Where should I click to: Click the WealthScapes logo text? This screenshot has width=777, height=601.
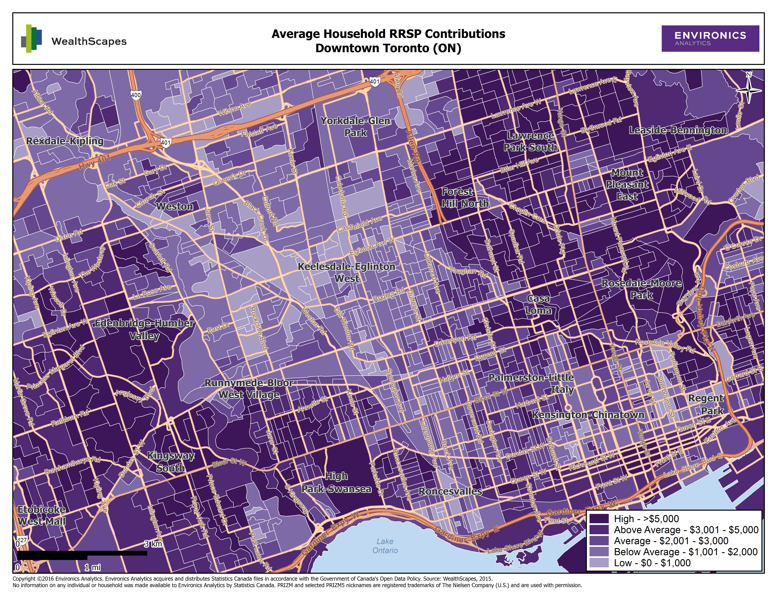pyautogui.click(x=89, y=41)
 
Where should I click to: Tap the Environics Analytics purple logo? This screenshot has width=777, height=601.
pyautogui.click(x=710, y=38)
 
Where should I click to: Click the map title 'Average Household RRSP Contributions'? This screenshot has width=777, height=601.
pyautogui.click(x=388, y=34)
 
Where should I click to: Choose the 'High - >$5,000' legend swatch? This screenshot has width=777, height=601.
pyautogui.click(x=599, y=519)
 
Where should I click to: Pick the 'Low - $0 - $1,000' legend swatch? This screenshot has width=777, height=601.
pyautogui.click(x=599, y=563)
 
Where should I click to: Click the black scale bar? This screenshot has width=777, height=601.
pyautogui.click(x=82, y=553)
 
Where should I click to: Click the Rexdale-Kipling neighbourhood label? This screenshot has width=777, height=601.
pyautogui.click(x=65, y=141)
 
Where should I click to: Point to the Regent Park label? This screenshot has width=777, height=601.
pyautogui.click(x=706, y=404)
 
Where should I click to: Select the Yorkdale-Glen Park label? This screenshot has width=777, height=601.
pyautogui.click(x=355, y=127)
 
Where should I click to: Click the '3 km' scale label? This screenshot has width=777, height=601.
pyautogui.click(x=153, y=544)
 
